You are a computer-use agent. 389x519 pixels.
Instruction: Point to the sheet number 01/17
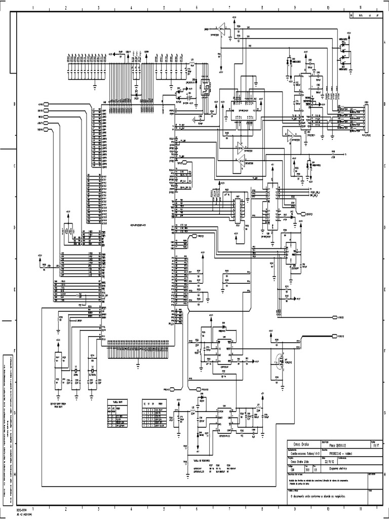click(x=375, y=446)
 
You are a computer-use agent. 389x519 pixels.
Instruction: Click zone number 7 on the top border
click(x=229, y=8)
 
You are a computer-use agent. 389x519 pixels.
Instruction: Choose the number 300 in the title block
click(x=307, y=469)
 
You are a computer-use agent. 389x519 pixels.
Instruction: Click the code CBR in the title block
click(x=293, y=469)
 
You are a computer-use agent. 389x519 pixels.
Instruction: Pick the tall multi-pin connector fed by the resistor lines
click(x=367, y=119)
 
